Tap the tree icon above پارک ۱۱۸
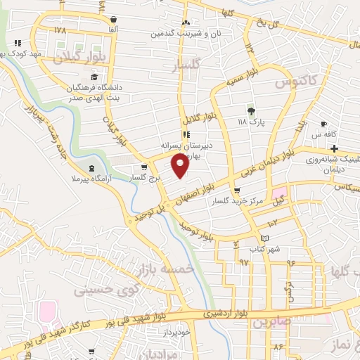pyautogui.click(x=250, y=110)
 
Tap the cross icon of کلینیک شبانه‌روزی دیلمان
pyautogui.click(x=334, y=148)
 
